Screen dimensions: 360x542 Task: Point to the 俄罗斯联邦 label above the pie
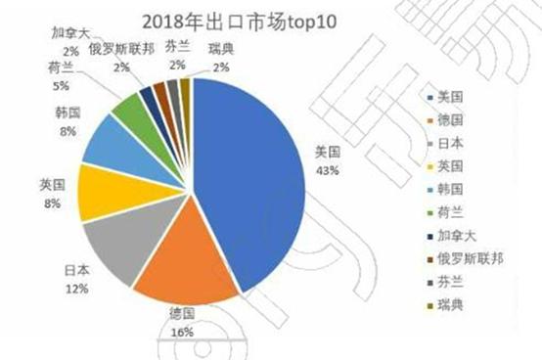[122, 50]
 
